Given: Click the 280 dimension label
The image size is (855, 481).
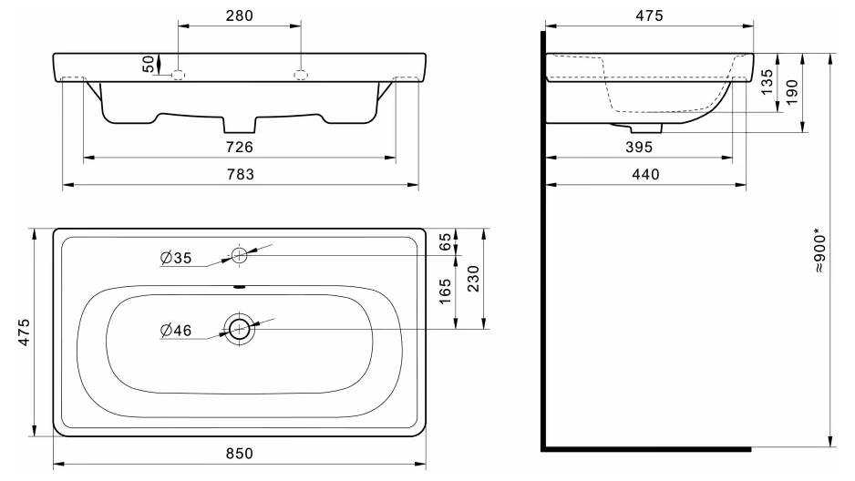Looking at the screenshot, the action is (x=240, y=15).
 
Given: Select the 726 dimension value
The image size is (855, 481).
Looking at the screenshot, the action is (x=240, y=147).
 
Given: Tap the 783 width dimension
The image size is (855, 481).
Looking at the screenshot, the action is (x=241, y=174).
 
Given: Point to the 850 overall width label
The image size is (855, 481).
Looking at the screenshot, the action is (x=240, y=454).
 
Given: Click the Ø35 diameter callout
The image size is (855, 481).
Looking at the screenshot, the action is (x=176, y=258).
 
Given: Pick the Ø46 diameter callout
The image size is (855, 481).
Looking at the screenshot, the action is (x=176, y=330).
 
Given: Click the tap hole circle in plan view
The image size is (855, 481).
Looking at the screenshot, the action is (x=240, y=255).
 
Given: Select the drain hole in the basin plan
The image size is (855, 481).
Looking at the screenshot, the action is (x=240, y=329).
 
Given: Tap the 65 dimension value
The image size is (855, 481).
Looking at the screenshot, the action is (x=446, y=241).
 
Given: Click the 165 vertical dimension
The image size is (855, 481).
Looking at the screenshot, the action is (x=446, y=292).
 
